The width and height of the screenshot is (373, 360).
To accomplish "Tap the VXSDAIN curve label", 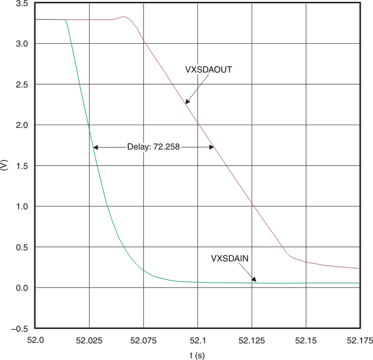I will pyautogui.click(x=229, y=258).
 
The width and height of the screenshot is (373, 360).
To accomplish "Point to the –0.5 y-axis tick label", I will pyautogui.click(x=20, y=328).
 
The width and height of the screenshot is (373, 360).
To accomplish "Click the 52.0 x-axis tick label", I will pyautogui.click(x=34, y=339).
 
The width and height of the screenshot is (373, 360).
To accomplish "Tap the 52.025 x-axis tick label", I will pyautogui.click(x=89, y=339).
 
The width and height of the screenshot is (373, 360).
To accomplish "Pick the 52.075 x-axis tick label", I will pyautogui.click(x=143, y=339).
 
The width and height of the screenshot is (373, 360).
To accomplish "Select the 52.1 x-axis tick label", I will pyautogui.click(x=197, y=339).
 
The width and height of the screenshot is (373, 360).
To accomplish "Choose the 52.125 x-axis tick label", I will pyautogui.click(x=252, y=339).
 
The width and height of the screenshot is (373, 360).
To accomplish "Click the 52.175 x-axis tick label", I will pyautogui.click(x=360, y=339).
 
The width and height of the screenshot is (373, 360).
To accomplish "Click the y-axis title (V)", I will pyautogui.click(x=4, y=166).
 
